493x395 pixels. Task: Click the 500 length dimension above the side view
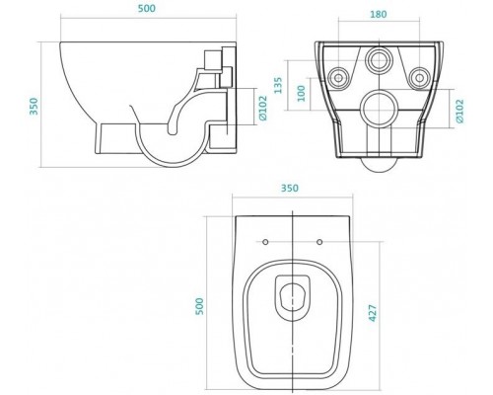pyautogui.click(x=147, y=9)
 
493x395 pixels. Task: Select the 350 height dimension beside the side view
pyautogui.click(x=34, y=106)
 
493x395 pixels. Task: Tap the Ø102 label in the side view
pyautogui.click(x=263, y=108)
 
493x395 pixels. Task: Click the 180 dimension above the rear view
pyautogui.click(x=379, y=15)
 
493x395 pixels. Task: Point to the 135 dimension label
pyautogui.click(x=278, y=85)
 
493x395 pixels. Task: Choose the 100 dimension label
pyautogui.click(x=301, y=93)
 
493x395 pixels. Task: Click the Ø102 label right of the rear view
pyautogui.click(x=459, y=111)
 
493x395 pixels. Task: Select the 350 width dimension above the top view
pyautogui.click(x=290, y=189)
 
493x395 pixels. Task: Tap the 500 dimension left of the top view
pyautogui.click(x=199, y=306)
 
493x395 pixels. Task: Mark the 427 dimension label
pyautogui.click(x=373, y=313)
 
